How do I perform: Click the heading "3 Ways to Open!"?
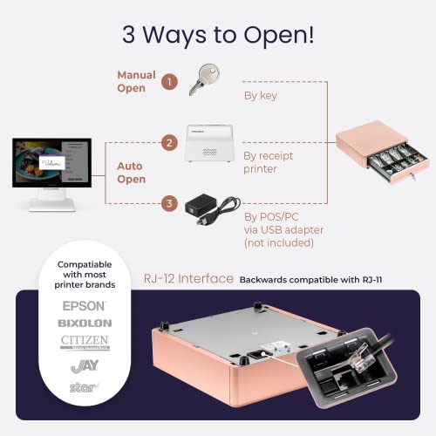click(x=218, y=37)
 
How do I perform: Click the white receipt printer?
click(x=209, y=142)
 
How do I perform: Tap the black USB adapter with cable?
click(x=209, y=208)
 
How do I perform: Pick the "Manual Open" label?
click(x=137, y=82)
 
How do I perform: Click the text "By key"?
click(x=260, y=95)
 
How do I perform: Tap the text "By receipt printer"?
click(x=267, y=163)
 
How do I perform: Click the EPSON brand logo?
click(x=84, y=306)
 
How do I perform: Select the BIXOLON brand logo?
click(x=84, y=323)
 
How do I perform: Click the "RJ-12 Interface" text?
click(x=189, y=279)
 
